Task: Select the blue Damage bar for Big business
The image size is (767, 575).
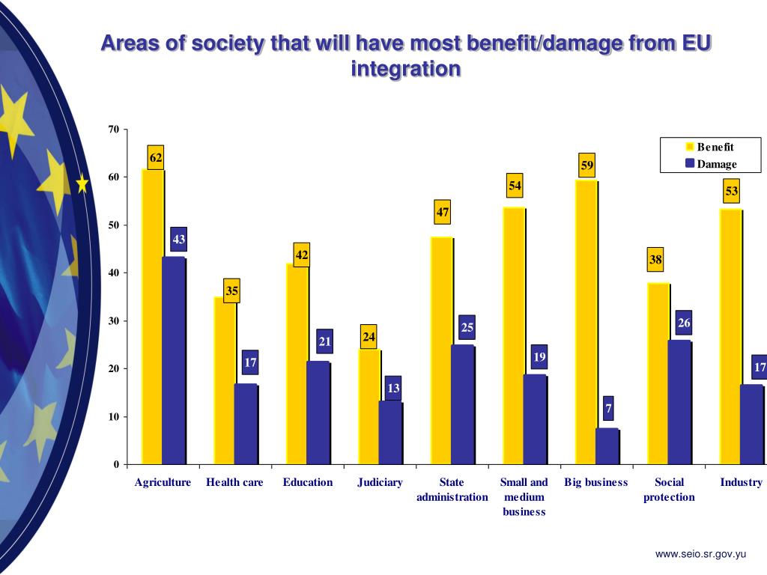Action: coord(607,446)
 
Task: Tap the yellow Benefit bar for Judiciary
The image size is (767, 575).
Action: coord(369,407)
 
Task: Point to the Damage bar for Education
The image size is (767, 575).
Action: coord(318,413)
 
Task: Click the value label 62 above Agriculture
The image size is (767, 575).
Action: coord(156,157)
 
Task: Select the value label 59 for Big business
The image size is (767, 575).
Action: coord(587,165)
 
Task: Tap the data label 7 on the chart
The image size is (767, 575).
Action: coord(608,409)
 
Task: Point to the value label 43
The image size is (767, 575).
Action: coord(179,240)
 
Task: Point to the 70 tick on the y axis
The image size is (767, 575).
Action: coord(113,129)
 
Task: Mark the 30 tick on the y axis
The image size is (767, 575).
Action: coord(113,320)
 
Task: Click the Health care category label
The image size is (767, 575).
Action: coord(234,482)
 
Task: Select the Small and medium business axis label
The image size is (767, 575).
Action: coord(524,497)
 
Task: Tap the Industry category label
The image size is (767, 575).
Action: coord(741,482)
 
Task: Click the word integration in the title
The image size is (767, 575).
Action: coord(405,69)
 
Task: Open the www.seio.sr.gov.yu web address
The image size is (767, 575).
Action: coord(700,554)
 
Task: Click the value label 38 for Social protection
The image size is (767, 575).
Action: coord(655,261)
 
